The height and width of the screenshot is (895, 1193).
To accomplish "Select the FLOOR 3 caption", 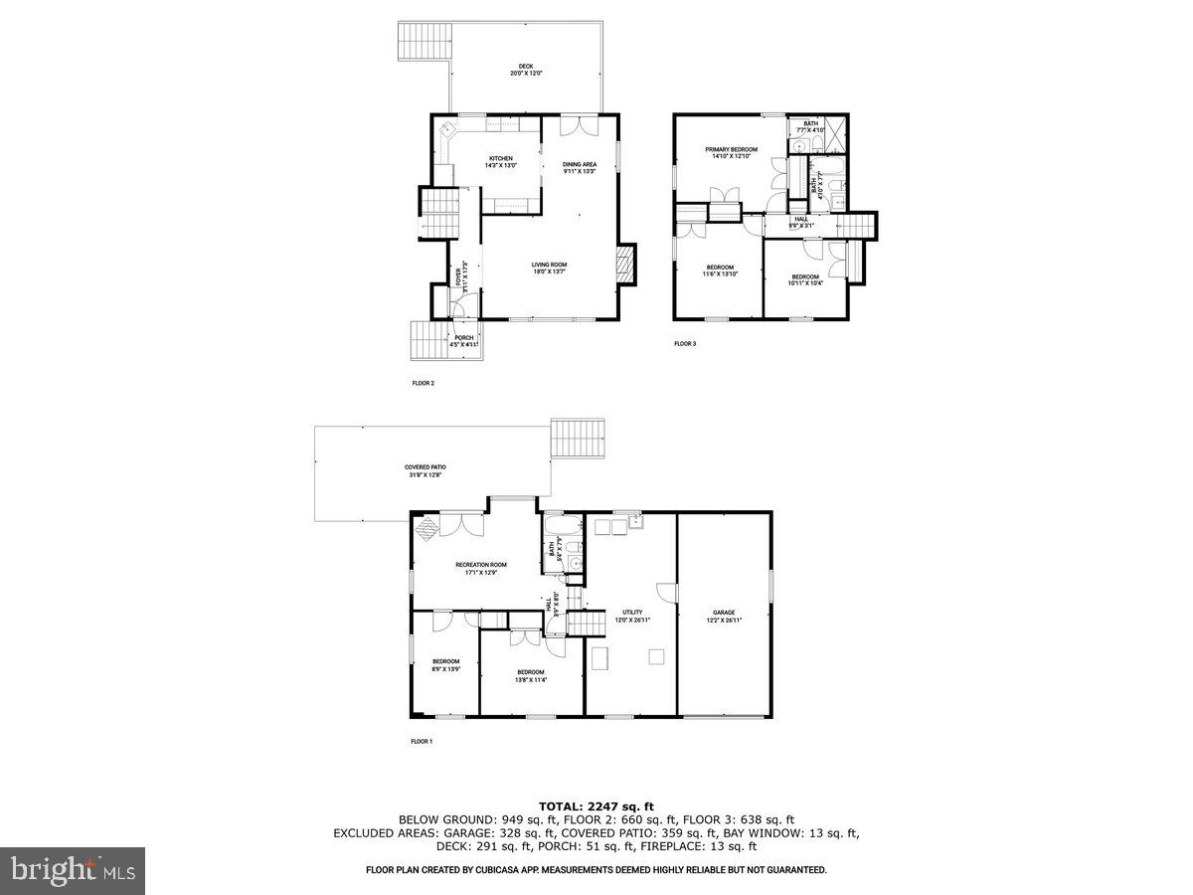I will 686,343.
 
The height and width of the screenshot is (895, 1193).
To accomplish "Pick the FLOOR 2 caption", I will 424,383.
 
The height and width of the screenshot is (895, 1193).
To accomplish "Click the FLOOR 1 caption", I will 422,741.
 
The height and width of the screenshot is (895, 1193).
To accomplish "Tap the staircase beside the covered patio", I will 578,439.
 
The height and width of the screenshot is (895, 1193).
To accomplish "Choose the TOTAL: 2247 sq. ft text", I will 596,805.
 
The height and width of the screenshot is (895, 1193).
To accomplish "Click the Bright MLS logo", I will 73,871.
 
